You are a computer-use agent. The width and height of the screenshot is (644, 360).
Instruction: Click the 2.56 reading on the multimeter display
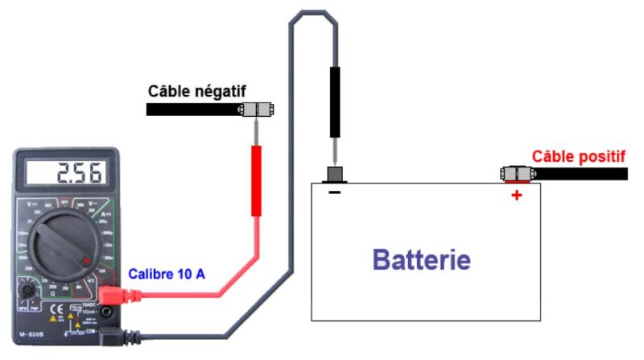pos(78,172)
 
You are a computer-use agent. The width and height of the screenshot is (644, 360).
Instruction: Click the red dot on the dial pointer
pos(86,260)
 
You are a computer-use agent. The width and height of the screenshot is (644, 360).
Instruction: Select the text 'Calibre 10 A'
pos(167,275)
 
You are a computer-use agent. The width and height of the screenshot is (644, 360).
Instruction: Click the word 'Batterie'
pos(421,259)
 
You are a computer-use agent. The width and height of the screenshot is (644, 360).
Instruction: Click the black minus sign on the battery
pos(334,193)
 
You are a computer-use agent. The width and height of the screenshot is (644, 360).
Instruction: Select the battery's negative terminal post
pos(334,175)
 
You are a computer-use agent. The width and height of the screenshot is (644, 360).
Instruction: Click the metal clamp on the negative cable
pos(256,110)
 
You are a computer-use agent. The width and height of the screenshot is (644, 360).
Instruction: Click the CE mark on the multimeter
pos(57,308)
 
